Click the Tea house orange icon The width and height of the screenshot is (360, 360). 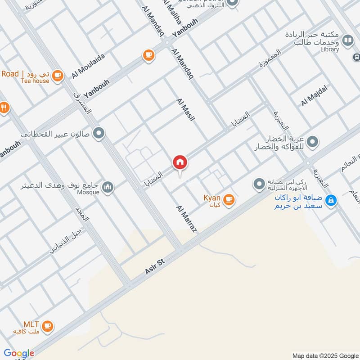pyautogui.click(x=57, y=76)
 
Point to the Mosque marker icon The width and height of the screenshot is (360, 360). pyautogui.click(x=108, y=187)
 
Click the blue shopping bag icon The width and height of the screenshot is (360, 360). pyautogui.click(x=331, y=200)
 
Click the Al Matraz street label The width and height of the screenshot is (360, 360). pyautogui.click(x=187, y=219)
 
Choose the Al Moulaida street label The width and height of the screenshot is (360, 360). pyautogui.click(x=88, y=66)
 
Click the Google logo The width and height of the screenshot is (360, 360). pyautogui.click(x=19, y=353)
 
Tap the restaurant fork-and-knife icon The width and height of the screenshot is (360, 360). pyautogui.click(x=4, y=108)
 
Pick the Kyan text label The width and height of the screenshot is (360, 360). pyautogui.click(x=211, y=198)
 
